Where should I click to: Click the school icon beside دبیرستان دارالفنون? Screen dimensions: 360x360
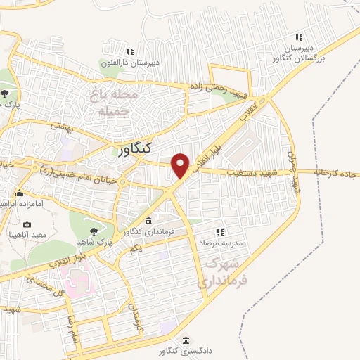130,51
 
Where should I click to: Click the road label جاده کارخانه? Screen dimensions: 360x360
337,172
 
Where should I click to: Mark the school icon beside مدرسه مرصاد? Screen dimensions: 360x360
220,232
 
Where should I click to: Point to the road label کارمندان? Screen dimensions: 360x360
134,311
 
